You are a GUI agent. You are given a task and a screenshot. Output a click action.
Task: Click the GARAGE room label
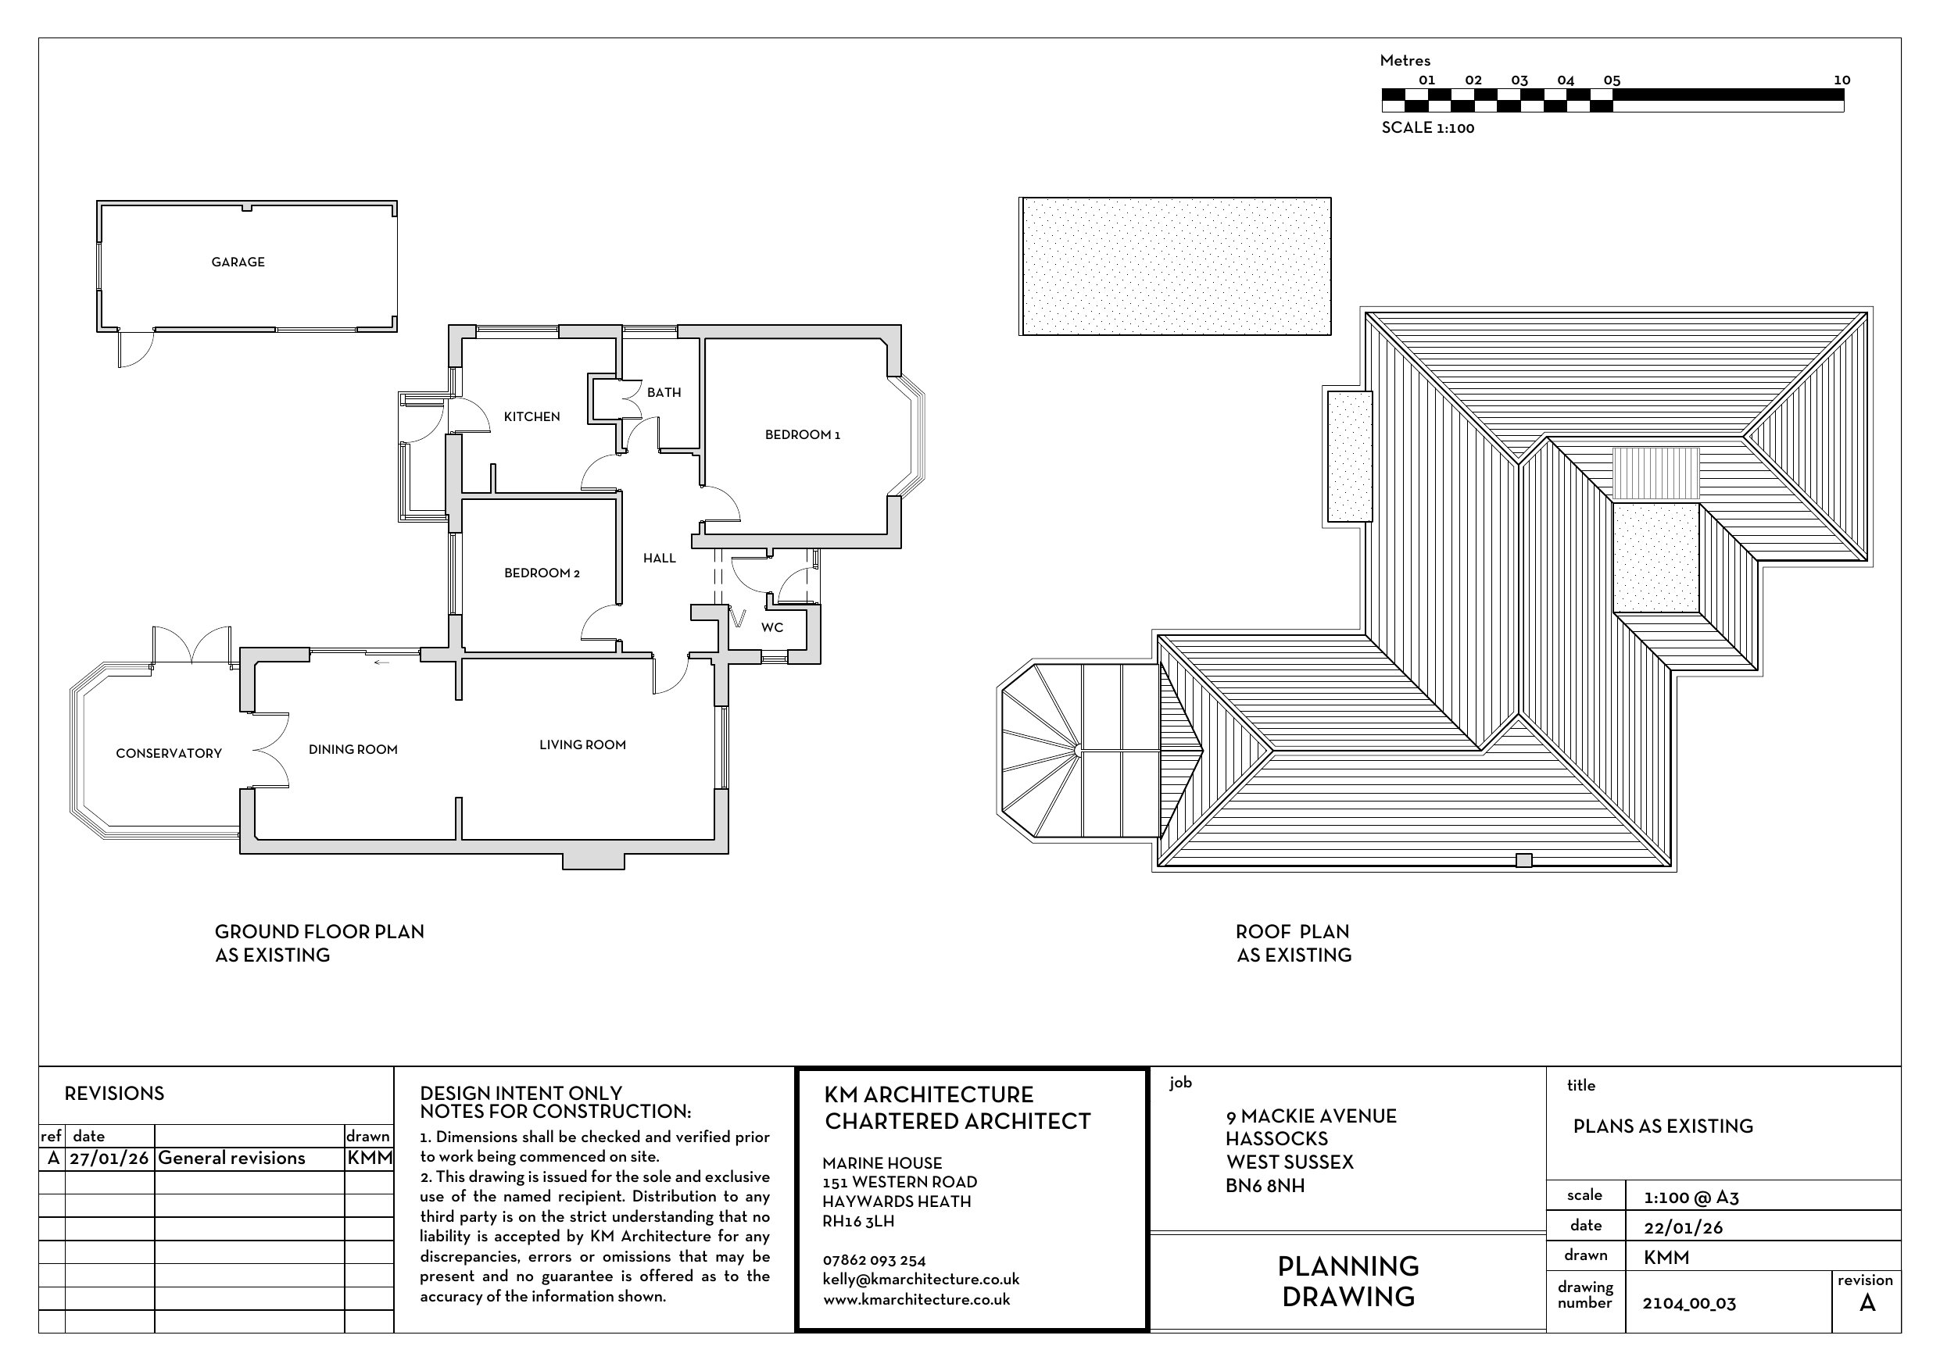(238, 262)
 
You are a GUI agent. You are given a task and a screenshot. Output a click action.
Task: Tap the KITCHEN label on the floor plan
(532, 416)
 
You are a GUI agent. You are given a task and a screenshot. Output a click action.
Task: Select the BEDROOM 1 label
(803, 435)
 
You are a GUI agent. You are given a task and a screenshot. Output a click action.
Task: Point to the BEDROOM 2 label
(542, 573)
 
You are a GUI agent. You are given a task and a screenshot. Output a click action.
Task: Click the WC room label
(771, 627)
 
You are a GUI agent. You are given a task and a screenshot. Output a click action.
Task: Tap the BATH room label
(664, 393)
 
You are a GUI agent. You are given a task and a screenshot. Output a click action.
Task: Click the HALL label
(659, 559)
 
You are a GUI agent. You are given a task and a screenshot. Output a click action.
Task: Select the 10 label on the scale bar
(1842, 80)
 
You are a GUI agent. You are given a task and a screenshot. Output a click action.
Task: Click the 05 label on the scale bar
(1612, 81)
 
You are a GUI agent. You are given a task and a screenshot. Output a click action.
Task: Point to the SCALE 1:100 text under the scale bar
(1428, 127)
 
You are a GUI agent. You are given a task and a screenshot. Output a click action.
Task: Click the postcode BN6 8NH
(1265, 1186)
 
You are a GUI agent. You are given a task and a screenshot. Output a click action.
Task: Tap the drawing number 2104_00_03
(1689, 1303)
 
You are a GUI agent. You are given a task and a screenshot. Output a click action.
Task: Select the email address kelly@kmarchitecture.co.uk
(921, 1280)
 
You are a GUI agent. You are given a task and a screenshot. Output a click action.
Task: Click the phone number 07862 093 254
(875, 1260)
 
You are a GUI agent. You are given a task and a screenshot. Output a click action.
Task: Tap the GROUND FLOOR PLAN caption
(320, 932)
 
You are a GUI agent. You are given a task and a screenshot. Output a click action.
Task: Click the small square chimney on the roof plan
(1523, 861)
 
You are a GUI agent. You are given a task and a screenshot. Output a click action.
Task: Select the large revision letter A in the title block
(1867, 1303)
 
